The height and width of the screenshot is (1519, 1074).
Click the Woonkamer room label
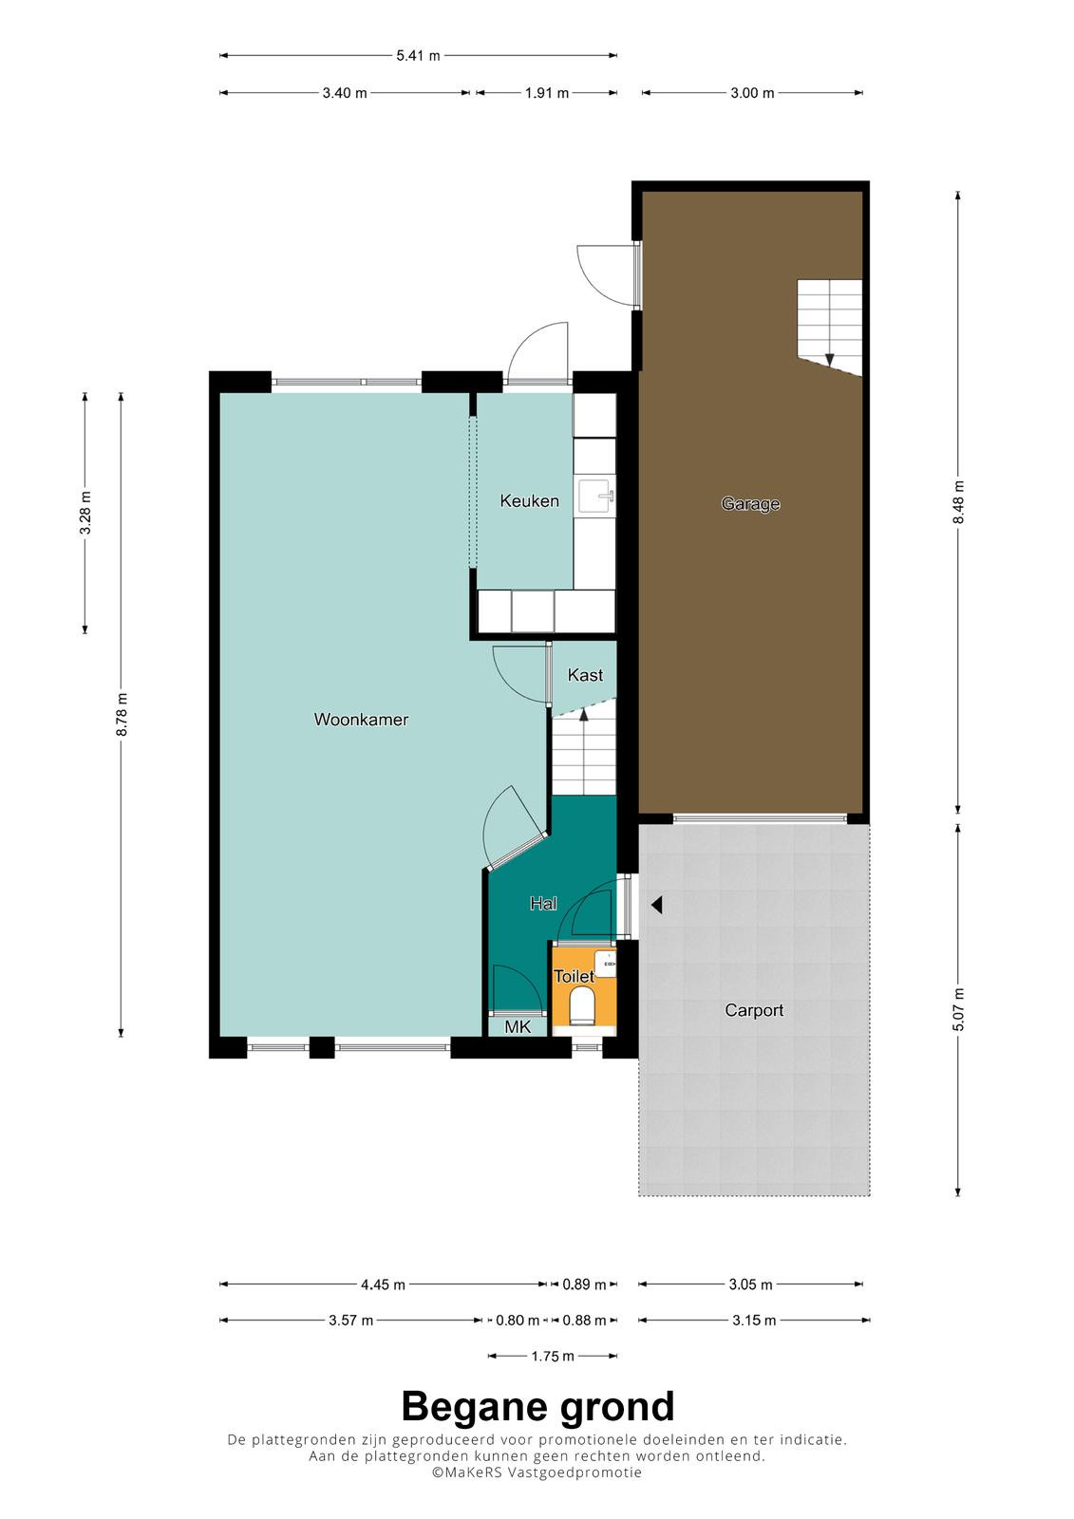361,720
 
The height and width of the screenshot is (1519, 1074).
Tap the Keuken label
529,501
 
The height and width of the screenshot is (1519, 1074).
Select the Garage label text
750,504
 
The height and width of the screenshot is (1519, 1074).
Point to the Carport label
754,1010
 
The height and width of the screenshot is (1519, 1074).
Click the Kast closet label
585,675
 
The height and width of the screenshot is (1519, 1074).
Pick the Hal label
543,903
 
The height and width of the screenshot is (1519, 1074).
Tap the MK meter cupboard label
518,1026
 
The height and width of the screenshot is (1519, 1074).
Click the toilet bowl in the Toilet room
582,1005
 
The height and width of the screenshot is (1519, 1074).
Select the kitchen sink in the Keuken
595,497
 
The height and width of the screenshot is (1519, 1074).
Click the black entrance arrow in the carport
656,905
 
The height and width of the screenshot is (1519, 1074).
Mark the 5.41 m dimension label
418,56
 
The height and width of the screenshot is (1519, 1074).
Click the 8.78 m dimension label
122,715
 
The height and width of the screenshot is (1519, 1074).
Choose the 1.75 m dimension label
553,1357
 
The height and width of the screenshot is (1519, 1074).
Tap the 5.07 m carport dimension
958,1010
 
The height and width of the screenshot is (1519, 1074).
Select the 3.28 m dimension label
85,513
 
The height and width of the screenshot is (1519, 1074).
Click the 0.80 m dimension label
518,1321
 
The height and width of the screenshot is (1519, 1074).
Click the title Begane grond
537,1407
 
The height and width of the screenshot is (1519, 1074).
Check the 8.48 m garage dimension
958,502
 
